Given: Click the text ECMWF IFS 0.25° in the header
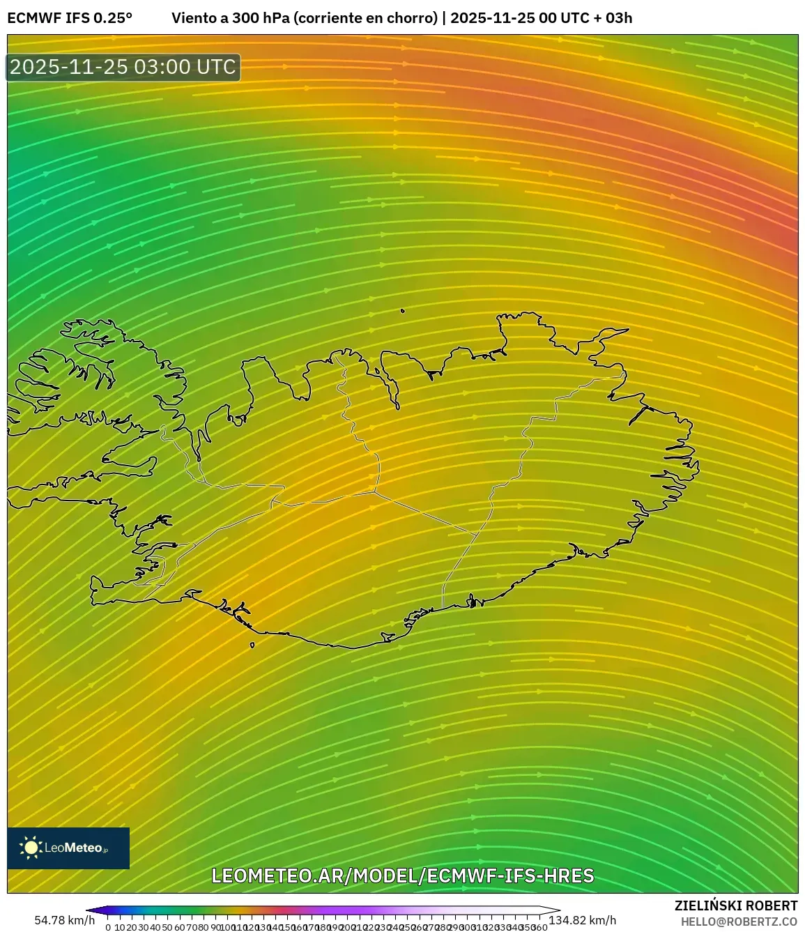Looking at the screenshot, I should pos(70,18).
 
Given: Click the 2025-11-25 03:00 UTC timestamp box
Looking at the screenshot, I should pos(123,68).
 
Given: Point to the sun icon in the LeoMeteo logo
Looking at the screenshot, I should pos(31,848).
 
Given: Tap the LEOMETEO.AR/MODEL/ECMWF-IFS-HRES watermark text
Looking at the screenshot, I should pos(402,876).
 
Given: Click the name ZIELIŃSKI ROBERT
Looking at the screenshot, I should pos(735,906).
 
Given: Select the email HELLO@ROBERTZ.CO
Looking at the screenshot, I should pos(739,921).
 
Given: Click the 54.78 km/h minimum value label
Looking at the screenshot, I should pos(64,920).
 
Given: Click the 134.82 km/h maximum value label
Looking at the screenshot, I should pos(583,920).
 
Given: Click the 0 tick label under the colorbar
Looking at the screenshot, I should pos(108,926).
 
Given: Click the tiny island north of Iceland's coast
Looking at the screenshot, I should pos(403,311).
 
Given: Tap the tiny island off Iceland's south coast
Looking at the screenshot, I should pos(252,645).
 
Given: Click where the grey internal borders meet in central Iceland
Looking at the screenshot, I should pos(374,492).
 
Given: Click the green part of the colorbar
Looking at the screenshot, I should pos(188,910).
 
